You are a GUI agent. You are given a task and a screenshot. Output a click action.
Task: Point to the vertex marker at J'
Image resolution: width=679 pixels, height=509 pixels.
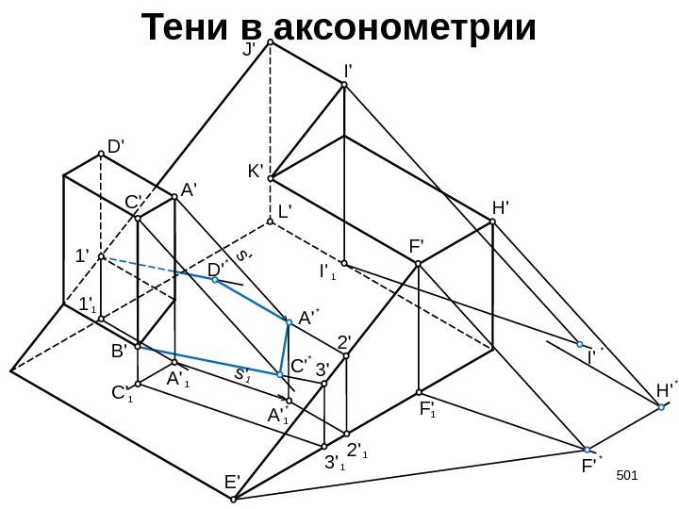[270, 42]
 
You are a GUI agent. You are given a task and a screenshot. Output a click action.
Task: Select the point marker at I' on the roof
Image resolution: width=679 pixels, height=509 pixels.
[344, 86]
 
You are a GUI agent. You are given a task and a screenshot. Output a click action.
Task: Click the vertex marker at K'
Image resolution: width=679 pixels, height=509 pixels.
[270, 177]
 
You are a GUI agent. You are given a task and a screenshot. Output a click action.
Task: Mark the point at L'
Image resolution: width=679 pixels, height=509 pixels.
[270, 222]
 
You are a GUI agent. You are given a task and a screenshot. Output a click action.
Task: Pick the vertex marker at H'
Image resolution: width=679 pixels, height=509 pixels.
[493, 222]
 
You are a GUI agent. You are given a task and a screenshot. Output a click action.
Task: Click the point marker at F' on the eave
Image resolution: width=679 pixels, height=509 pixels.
[419, 264]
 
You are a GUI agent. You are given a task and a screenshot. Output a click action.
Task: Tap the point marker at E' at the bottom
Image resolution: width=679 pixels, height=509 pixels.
[240, 497]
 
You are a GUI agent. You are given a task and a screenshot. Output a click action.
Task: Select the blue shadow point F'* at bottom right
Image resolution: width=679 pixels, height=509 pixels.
[587, 450]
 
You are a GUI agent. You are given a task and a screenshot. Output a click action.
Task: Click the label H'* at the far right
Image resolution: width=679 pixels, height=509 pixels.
[667, 389]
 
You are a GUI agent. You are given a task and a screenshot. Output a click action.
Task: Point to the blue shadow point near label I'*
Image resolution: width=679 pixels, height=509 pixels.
[580, 345]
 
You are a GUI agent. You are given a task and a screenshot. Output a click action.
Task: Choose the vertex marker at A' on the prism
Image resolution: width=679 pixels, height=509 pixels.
[175, 197]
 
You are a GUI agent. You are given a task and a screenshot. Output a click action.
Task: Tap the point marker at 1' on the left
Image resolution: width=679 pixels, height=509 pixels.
[101, 256]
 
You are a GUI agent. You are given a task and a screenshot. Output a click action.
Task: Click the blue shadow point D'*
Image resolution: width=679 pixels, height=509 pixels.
[215, 280]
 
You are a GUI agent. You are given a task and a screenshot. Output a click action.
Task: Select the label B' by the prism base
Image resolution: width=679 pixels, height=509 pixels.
[119, 351]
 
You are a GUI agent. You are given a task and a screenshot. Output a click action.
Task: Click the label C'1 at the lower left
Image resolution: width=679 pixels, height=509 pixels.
[122, 392]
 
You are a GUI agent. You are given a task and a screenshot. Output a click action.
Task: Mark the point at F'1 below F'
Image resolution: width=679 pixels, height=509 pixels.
[419, 391]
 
